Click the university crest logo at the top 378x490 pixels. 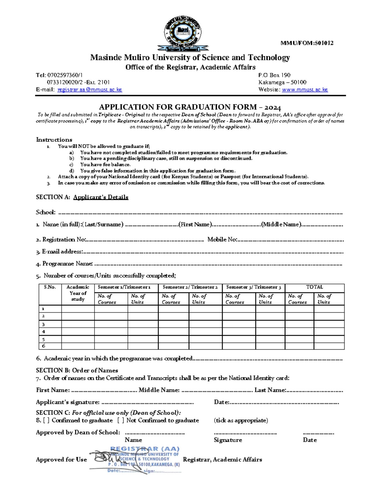[183, 34]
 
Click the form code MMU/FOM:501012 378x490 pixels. [307, 43]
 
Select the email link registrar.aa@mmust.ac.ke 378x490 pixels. [89, 90]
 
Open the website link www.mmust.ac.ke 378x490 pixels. [305, 90]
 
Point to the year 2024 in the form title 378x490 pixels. [273, 107]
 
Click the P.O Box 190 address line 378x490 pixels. [274, 75]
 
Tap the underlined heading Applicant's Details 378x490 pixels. [101, 197]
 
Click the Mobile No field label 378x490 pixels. [222, 239]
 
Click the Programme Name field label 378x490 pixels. [67, 263]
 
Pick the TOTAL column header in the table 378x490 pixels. [314, 287]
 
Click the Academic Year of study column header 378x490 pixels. [78, 293]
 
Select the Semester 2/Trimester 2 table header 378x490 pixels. [190, 287]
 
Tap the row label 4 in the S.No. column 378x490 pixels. [43, 332]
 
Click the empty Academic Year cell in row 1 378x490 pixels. [78, 309]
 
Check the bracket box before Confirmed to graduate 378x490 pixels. [46, 420]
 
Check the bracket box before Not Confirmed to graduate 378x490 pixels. [121, 420]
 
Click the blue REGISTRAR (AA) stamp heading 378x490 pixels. [145, 449]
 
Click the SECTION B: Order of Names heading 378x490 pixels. [77, 370]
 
